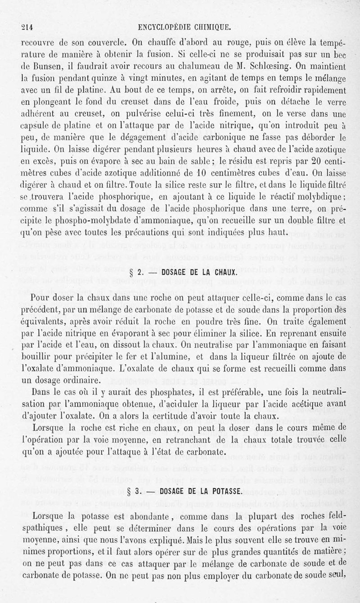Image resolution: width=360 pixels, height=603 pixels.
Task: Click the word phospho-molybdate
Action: tap(94, 220)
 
